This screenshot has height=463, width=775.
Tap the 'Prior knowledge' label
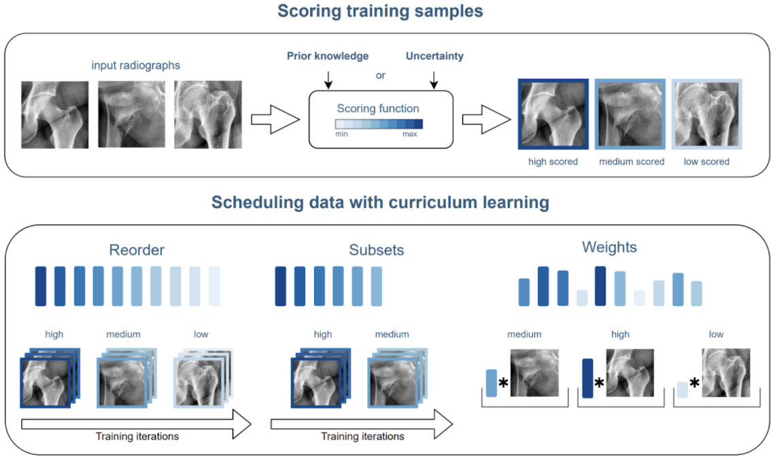click(328, 56)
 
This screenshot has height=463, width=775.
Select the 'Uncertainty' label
click(434, 56)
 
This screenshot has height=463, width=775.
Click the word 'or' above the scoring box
click(381, 75)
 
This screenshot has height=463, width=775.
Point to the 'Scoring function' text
click(378, 109)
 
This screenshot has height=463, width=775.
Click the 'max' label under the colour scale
click(409, 134)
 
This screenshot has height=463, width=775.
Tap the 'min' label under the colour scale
click(342, 134)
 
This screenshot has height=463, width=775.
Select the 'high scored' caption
click(553, 162)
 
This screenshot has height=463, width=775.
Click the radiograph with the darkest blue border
click(553, 114)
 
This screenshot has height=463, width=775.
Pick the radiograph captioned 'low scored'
click(706, 114)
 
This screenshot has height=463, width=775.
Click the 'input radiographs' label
click(136, 66)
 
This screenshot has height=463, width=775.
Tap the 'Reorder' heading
click(137, 250)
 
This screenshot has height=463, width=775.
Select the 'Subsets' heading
click(377, 250)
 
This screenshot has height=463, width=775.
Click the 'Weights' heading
click(609, 247)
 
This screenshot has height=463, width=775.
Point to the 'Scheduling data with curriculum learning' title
click(380, 202)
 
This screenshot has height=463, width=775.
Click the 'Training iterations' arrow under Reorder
click(136, 426)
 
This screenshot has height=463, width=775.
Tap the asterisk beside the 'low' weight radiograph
click(695, 384)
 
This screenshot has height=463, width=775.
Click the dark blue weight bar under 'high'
click(587, 378)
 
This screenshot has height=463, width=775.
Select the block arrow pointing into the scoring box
click(275, 119)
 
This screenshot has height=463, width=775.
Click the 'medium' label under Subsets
click(392, 334)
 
